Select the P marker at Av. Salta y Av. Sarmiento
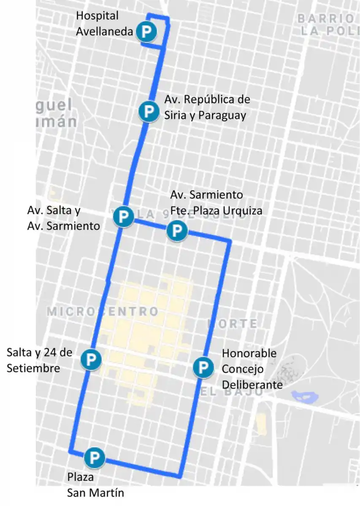pyautogui.click(x=124, y=217)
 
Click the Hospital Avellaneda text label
pyautogui.click(x=104, y=24)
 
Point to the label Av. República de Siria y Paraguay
pyautogui.click(x=207, y=107)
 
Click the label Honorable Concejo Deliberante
pyautogui.click(x=252, y=369)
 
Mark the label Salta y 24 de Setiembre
pyautogui.click(x=40, y=360)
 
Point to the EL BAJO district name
pyautogui.click(x=231, y=392)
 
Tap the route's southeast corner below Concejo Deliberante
pyautogui.click(x=180, y=476)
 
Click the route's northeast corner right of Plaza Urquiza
pyautogui.click(x=230, y=242)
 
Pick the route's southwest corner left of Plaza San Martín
pyautogui.click(x=70, y=452)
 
